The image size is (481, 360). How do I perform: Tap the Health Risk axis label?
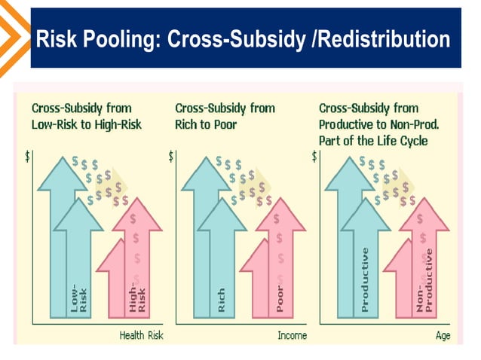pos(141,335)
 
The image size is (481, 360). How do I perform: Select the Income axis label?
pos(293,335)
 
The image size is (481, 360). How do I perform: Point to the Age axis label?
pos(443,335)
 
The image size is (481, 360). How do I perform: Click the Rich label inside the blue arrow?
pos(222,300)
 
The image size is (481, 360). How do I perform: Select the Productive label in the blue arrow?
pos(365,279)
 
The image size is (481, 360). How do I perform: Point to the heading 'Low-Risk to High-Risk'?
pos(86,124)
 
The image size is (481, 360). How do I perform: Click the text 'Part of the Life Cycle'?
pos(373,140)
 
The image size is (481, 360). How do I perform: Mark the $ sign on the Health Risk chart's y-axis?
pos(28,157)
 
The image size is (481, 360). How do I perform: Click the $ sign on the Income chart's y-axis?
pos(171,157)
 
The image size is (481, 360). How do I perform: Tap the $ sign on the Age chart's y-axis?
pos(314,157)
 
